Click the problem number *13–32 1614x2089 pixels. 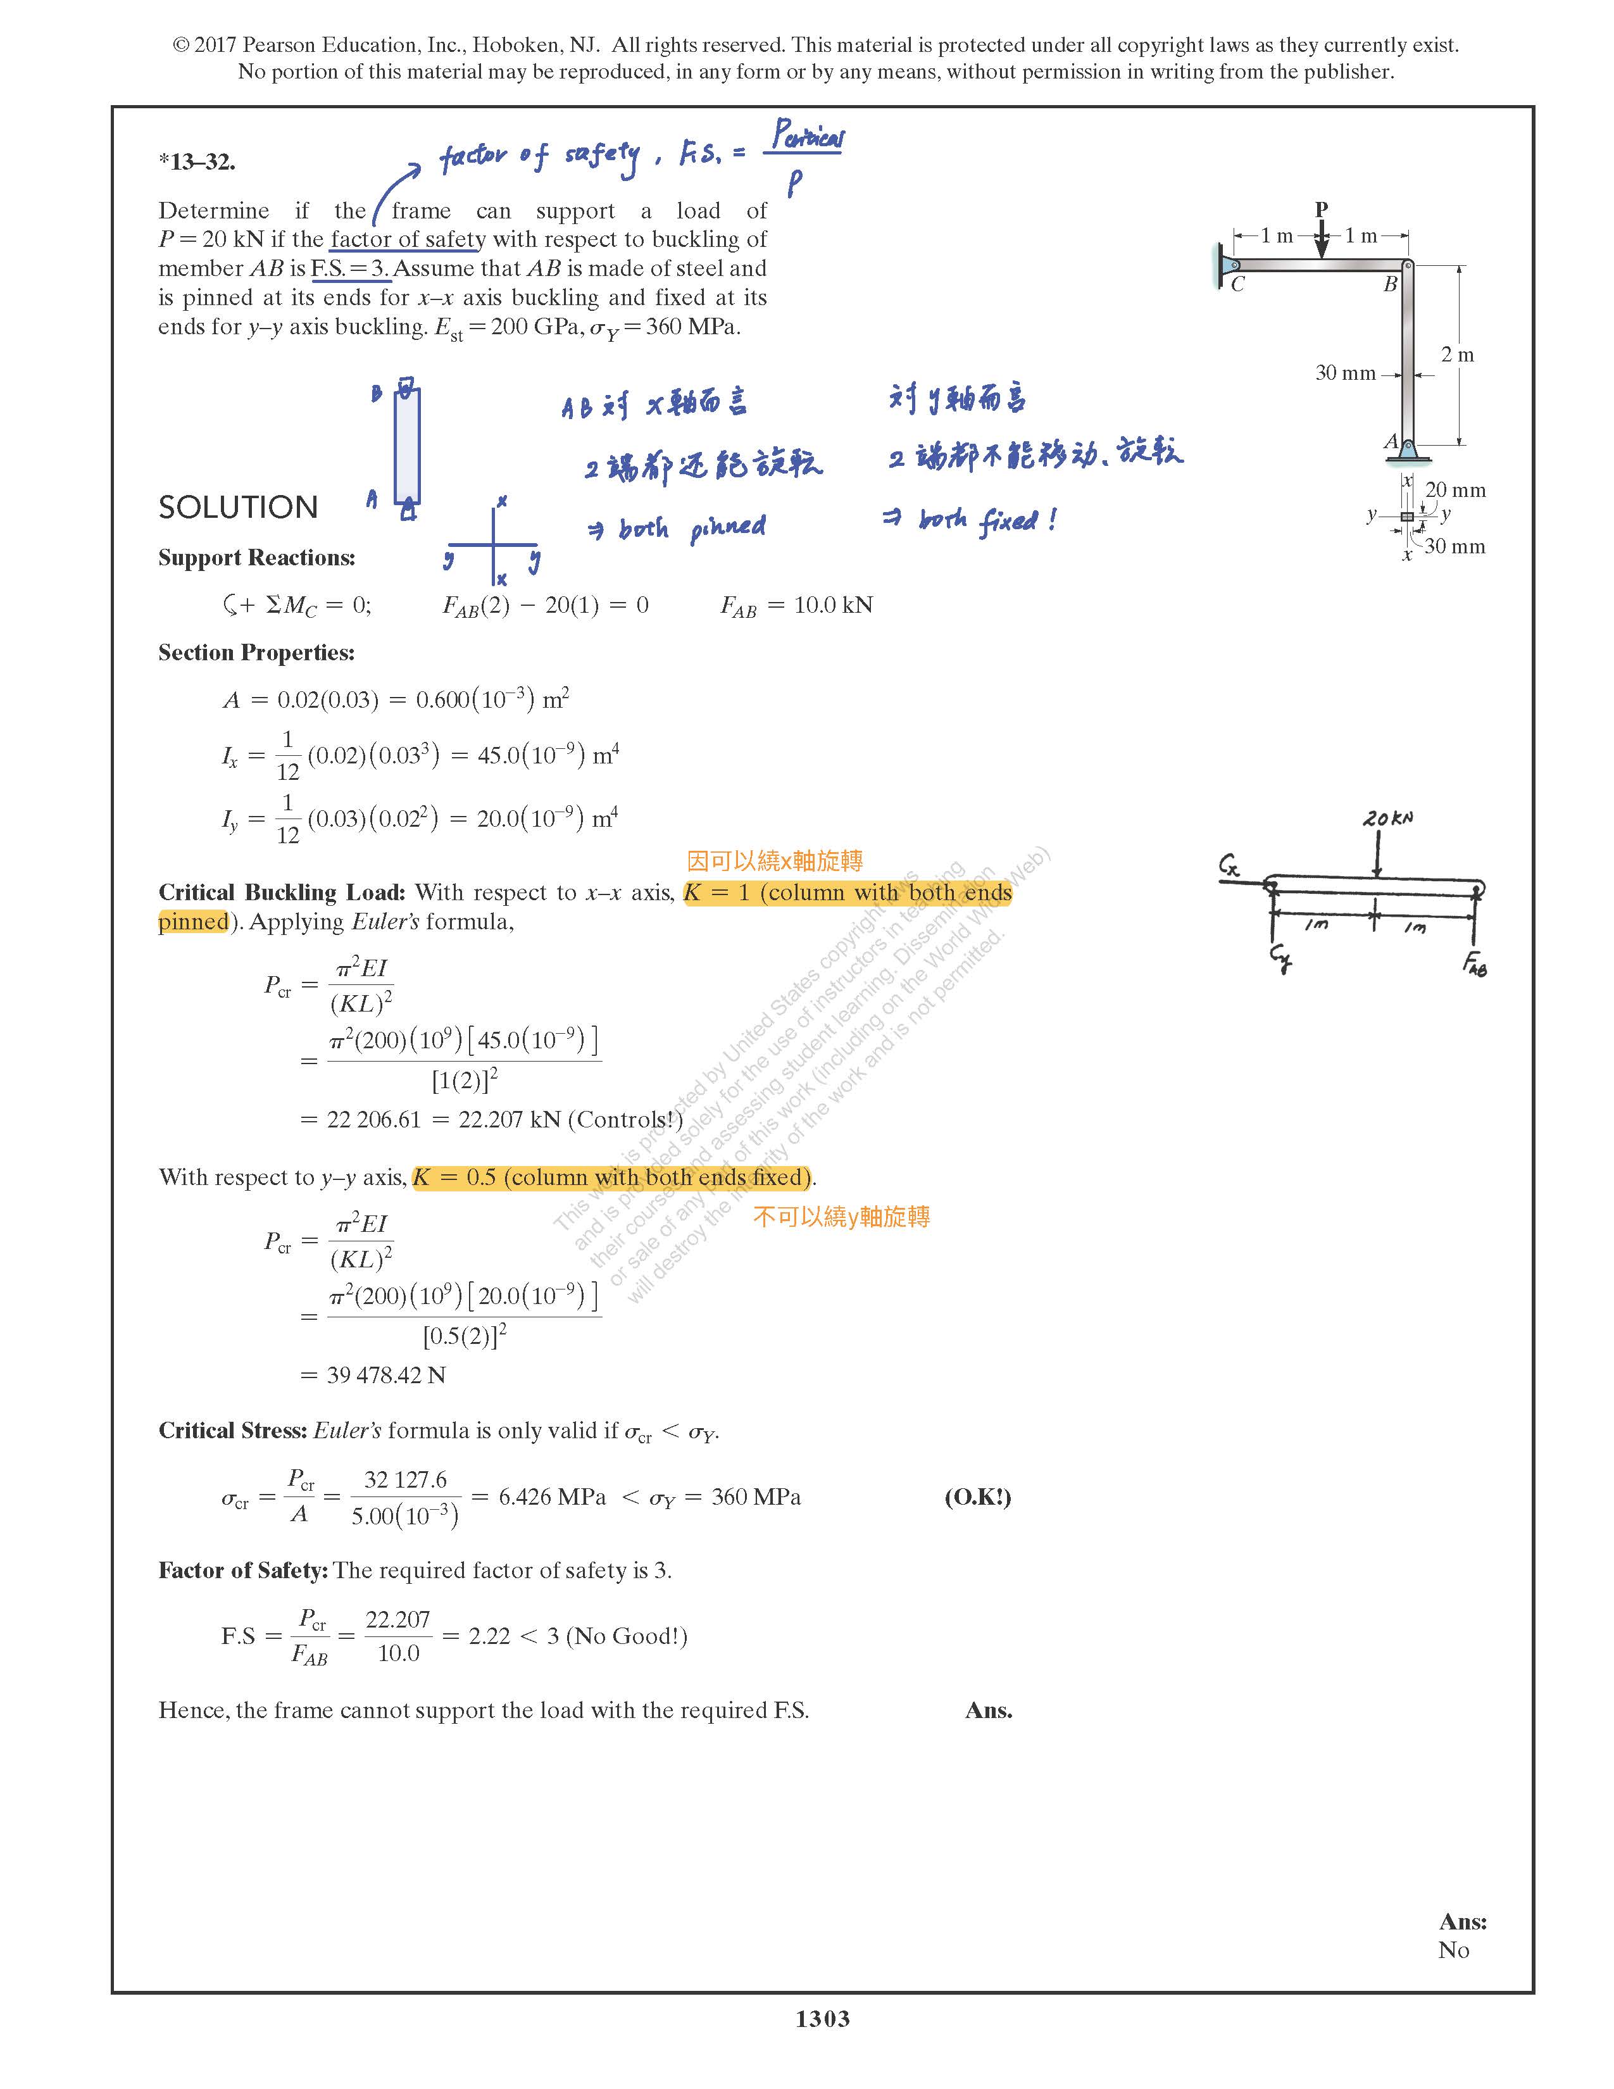coord(197,161)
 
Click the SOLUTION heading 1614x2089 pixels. coord(238,507)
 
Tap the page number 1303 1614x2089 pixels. coord(822,2018)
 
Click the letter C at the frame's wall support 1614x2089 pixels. coord(1237,284)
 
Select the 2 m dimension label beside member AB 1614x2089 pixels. coord(1457,355)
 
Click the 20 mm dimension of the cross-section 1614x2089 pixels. coord(1455,491)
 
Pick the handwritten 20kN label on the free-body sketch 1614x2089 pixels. coord(1387,819)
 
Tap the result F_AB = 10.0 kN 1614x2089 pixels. coord(796,605)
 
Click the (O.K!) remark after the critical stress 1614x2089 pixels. coord(977,1497)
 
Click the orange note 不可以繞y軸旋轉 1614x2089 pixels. coord(841,1217)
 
